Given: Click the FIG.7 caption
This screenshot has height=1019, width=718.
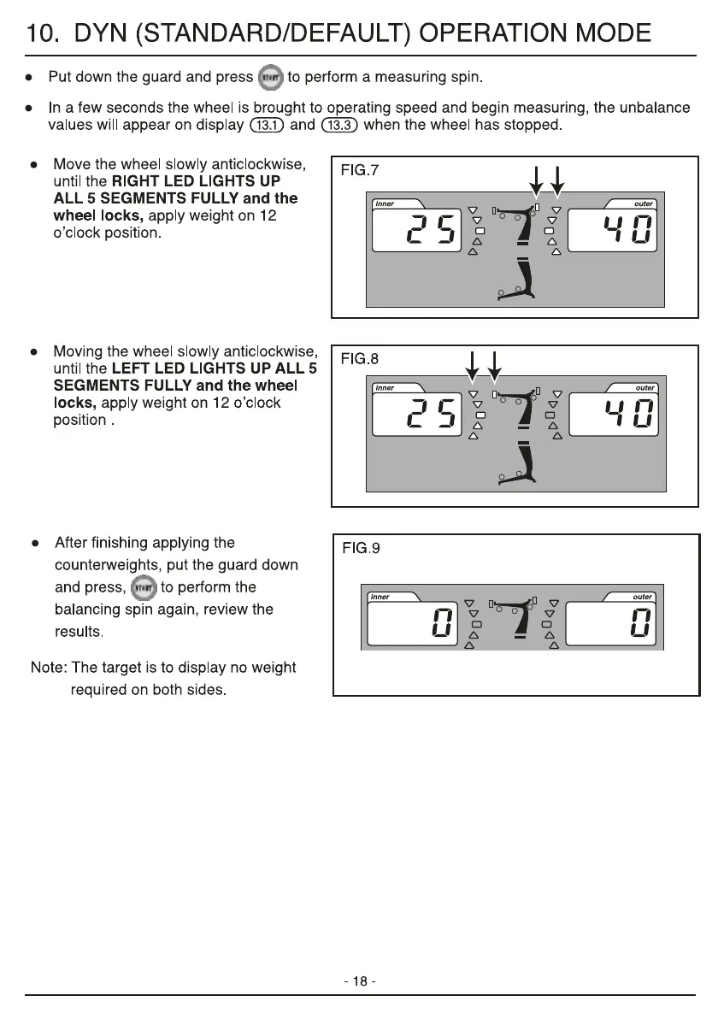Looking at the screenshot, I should [360, 171].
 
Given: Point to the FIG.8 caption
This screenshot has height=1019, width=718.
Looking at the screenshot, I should [360, 358].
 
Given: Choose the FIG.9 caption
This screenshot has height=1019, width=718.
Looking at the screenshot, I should [360, 549].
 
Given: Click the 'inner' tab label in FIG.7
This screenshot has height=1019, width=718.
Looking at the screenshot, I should [386, 203].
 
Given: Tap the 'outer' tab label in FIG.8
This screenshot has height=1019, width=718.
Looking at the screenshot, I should [644, 388].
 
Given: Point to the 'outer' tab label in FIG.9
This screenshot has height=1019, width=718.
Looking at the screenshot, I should [643, 597].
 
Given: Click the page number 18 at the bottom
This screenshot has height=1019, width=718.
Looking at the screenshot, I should [360, 981].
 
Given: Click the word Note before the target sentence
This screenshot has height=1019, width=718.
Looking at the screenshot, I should [47, 667].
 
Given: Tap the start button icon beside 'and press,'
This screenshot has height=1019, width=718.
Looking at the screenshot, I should [146, 587].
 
